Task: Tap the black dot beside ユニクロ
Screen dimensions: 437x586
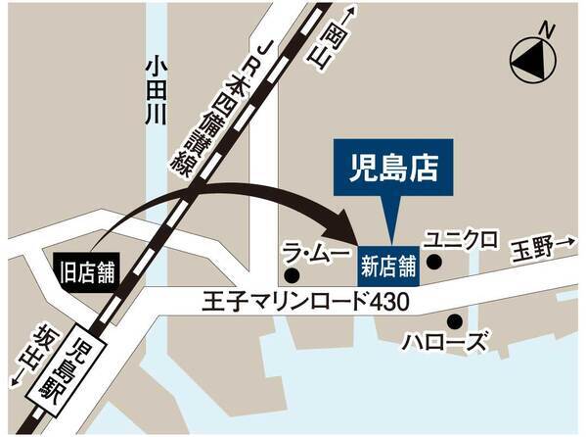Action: coord(433,263)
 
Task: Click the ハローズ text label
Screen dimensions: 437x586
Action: coord(445,343)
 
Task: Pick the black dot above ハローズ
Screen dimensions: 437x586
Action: coord(454,320)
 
